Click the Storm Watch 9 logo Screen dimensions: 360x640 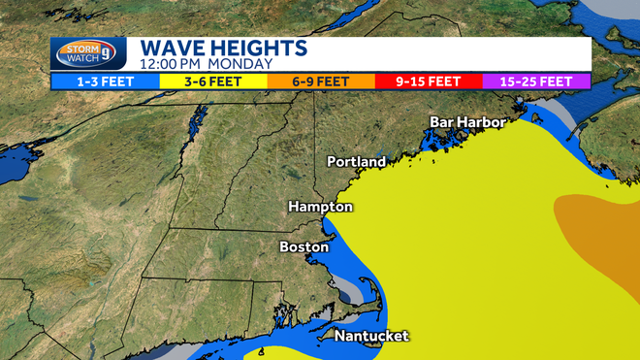(88, 54)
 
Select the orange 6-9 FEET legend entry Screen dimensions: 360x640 (319, 82)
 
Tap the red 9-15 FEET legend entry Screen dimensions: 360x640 (428, 82)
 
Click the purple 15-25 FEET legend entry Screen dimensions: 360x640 (536, 82)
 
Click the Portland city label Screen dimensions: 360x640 (356, 161)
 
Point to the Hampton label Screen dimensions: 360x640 (321, 207)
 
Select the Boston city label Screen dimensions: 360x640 (304, 246)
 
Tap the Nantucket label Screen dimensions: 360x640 (371, 336)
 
